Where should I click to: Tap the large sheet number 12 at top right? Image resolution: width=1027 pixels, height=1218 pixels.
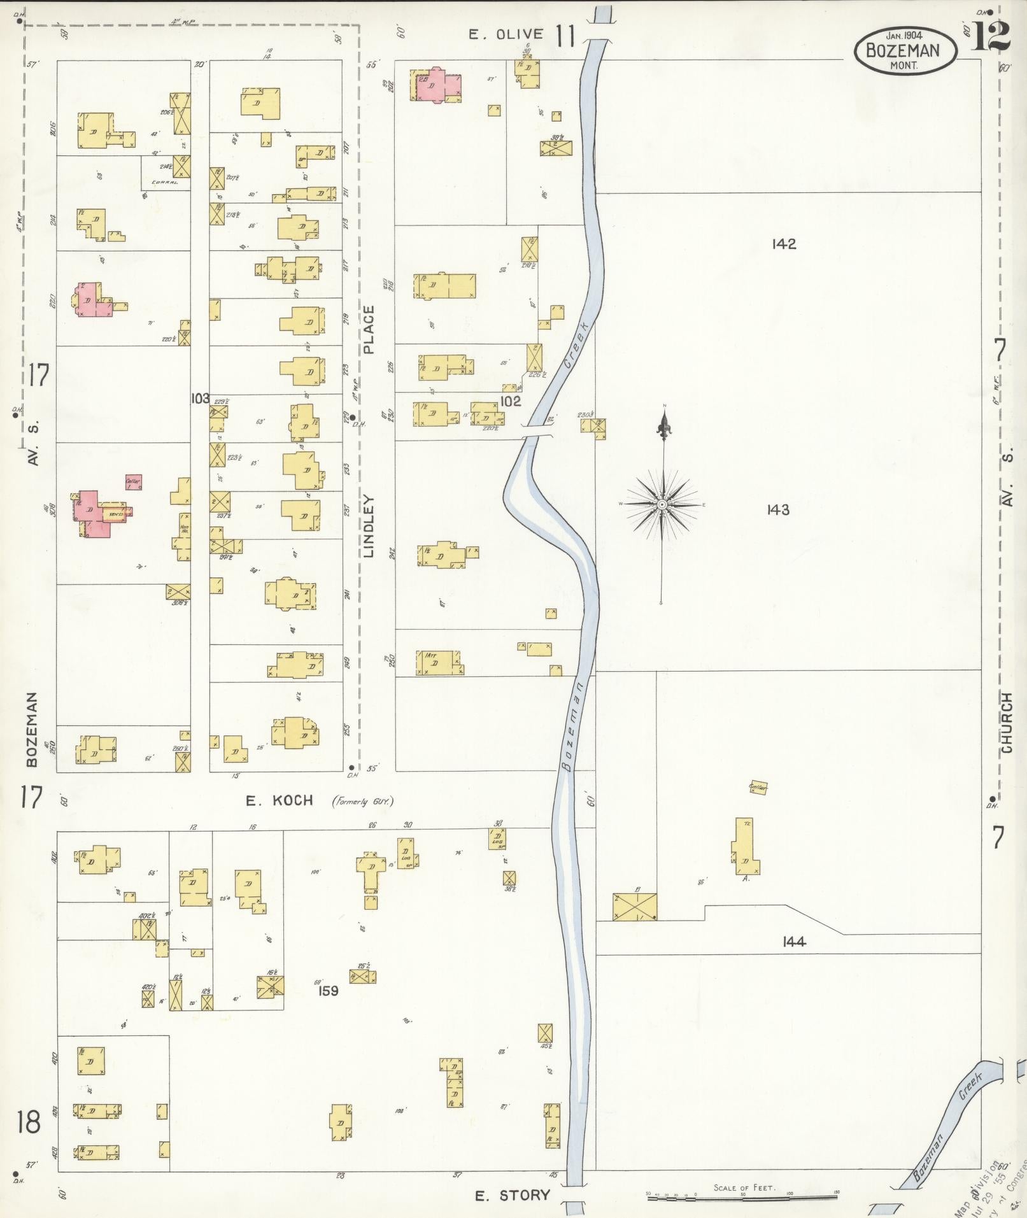[x=991, y=37]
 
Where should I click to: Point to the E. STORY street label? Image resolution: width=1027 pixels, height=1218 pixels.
[x=513, y=1194]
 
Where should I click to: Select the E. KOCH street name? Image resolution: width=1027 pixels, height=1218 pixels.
[x=280, y=800]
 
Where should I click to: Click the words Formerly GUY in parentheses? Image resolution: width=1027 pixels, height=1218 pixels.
[x=362, y=801]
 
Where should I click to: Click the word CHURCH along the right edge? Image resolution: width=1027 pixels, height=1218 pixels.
[x=1007, y=723]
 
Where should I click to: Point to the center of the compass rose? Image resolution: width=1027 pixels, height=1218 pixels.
[x=662, y=504]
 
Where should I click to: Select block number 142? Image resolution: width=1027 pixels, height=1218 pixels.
[x=783, y=244]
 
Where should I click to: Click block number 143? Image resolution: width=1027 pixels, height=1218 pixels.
[x=778, y=509]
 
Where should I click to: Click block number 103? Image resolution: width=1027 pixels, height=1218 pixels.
[x=200, y=399]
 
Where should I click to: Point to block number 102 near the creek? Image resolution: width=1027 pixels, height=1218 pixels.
[x=511, y=401]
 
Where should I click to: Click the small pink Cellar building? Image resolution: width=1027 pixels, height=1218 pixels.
[x=133, y=482]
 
